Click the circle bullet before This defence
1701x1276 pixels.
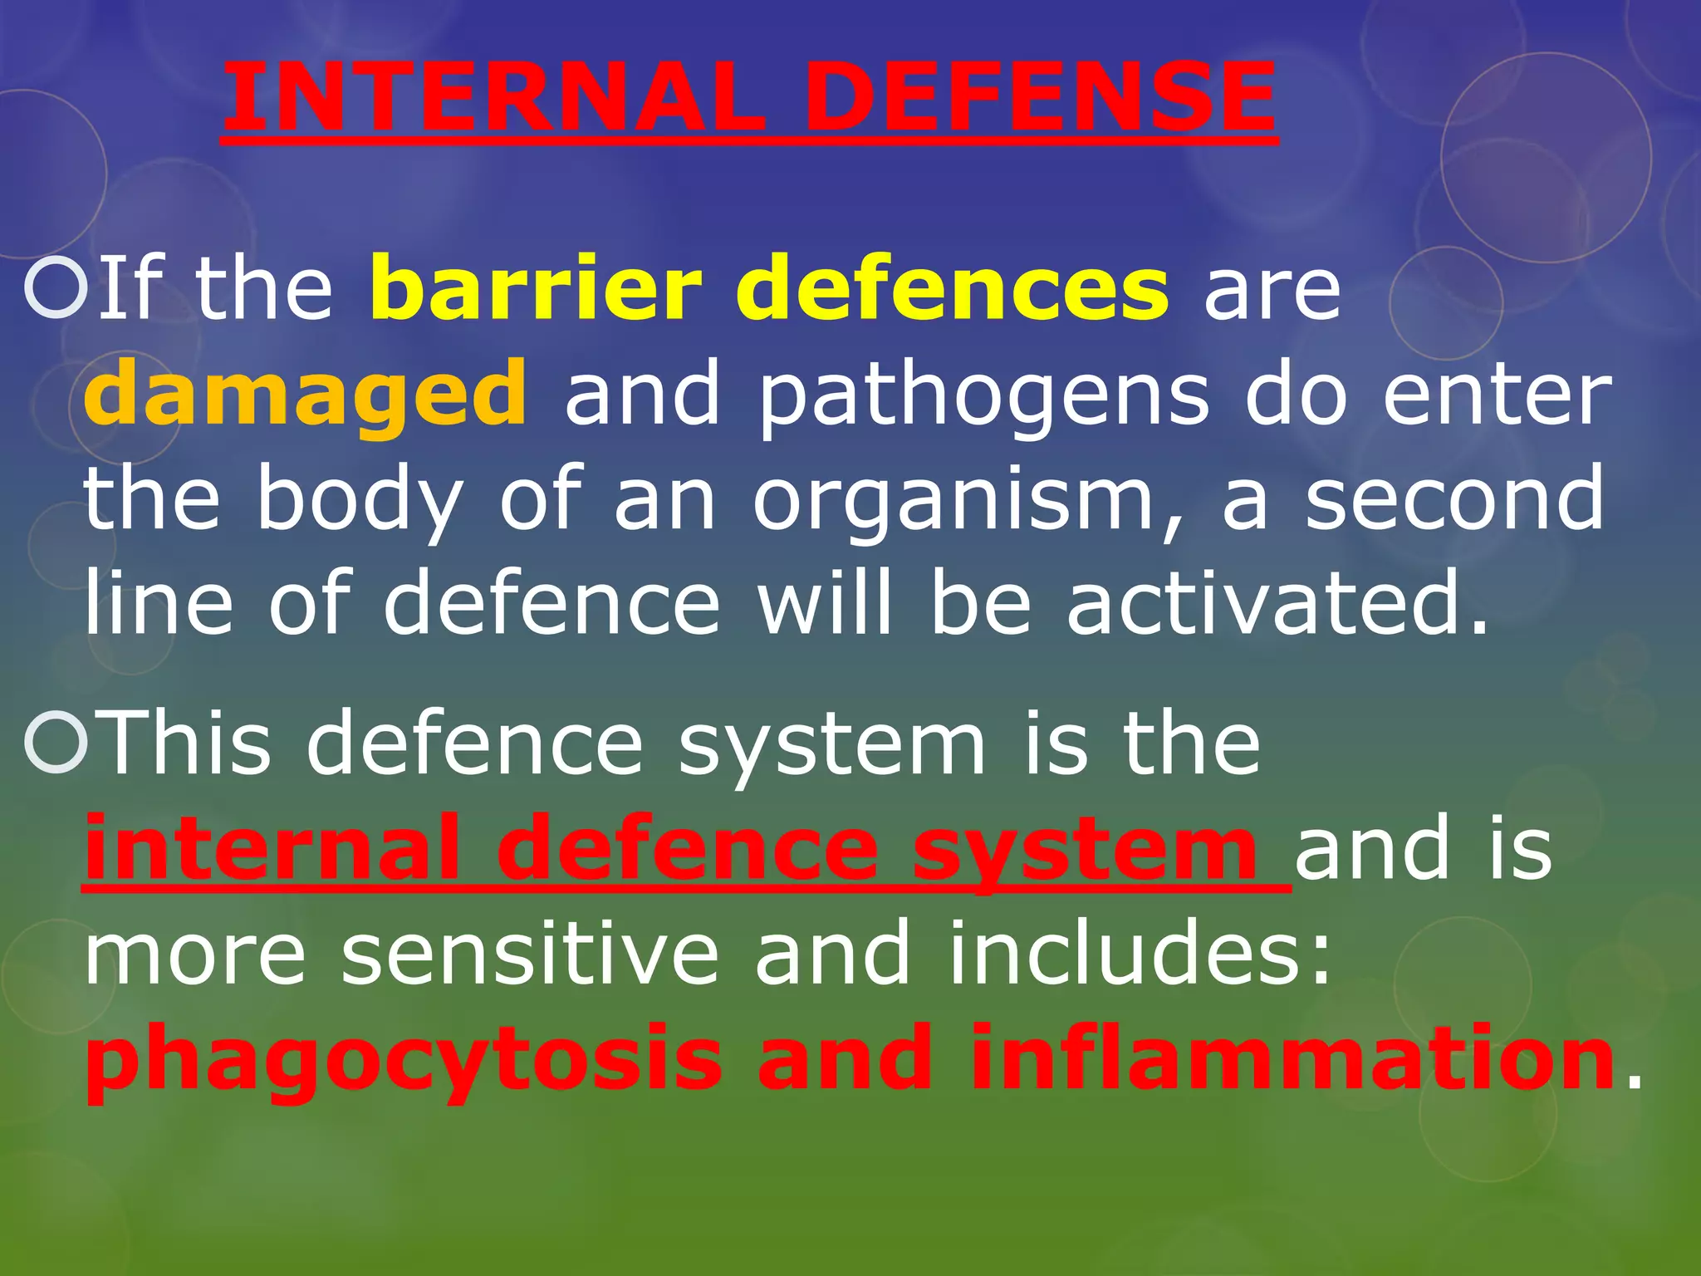[56, 744]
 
